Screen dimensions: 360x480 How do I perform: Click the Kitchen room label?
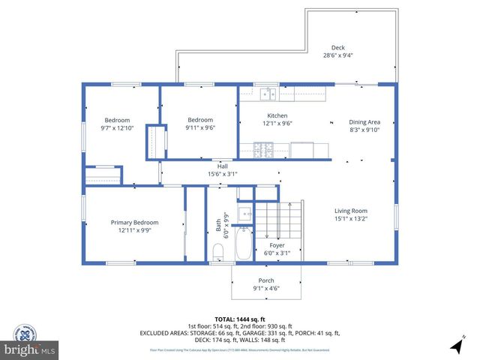coord(277,115)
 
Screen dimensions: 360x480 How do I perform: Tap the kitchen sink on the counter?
coord(268,94)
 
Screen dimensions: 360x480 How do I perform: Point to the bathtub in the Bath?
coord(244,243)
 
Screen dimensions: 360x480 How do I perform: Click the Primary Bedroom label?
coord(134,223)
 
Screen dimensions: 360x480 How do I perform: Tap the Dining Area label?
coord(364,121)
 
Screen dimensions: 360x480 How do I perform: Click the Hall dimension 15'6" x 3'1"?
coord(223,174)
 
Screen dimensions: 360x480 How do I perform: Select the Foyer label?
coord(277,245)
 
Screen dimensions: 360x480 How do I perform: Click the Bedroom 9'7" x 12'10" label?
coord(117,120)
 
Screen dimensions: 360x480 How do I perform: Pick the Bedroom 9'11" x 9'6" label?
coord(200,120)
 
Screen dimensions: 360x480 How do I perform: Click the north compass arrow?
coord(457,346)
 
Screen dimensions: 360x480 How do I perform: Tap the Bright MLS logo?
coord(29,349)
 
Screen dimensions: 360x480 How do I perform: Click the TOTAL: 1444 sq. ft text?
coord(239,319)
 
